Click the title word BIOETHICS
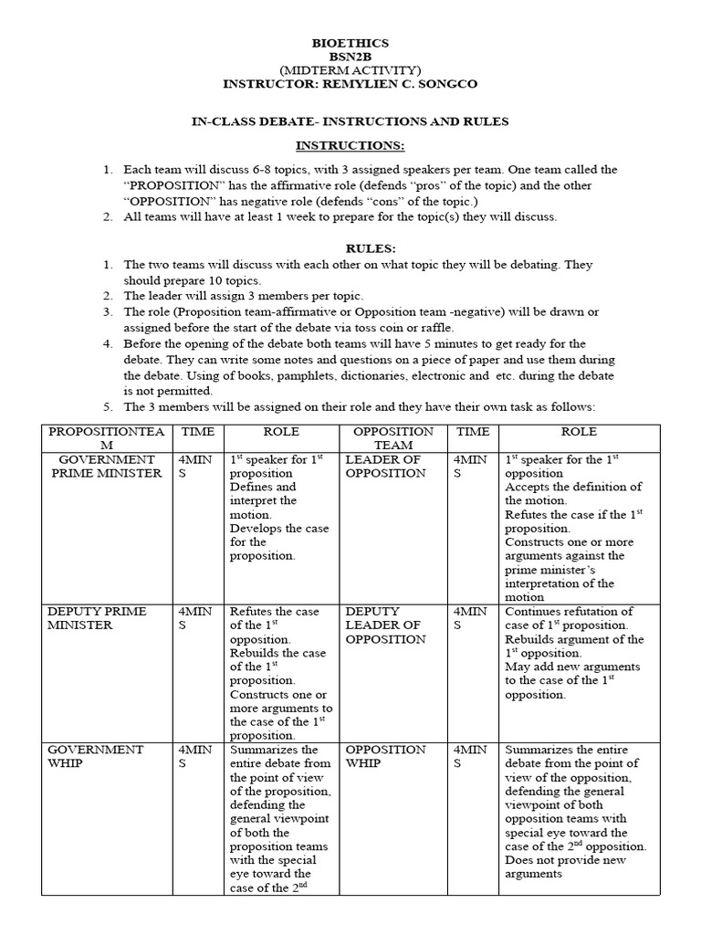pyautogui.click(x=350, y=43)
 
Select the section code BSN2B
pyautogui.click(x=350, y=57)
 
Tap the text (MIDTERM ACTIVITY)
pyautogui.click(x=350, y=70)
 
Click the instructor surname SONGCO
pyautogui.click(x=447, y=84)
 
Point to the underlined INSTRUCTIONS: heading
pyautogui.click(x=350, y=146)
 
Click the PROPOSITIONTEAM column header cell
pyautogui.click(x=106, y=438)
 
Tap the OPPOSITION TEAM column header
pyautogui.click(x=392, y=438)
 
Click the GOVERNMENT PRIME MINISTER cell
pyautogui.click(x=106, y=467)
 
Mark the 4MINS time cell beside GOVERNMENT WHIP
pyautogui.click(x=195, y=756)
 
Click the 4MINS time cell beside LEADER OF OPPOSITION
pyautogui.click(x=472, y=467)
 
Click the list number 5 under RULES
pyautogui.click(x=107, y=406)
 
